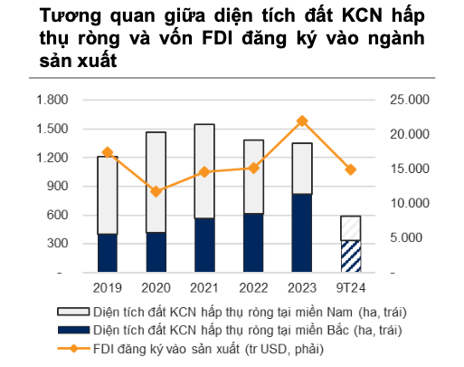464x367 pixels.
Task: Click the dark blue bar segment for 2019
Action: tap(108, 253)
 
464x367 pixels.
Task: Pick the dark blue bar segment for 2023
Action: tap(302, 233)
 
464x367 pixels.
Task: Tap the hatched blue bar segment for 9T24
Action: tap(350, 256)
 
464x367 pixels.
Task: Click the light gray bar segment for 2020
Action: tap(156, 182)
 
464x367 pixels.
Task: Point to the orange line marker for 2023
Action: tap(302, 121)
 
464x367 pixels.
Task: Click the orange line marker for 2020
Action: tap(156, 191)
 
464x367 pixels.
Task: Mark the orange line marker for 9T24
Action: tap(350, 169)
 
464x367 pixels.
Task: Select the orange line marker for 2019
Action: tap(108, 152)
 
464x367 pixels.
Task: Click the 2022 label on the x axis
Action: tap(253, 288)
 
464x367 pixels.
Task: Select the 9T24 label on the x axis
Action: tap(351, 288)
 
